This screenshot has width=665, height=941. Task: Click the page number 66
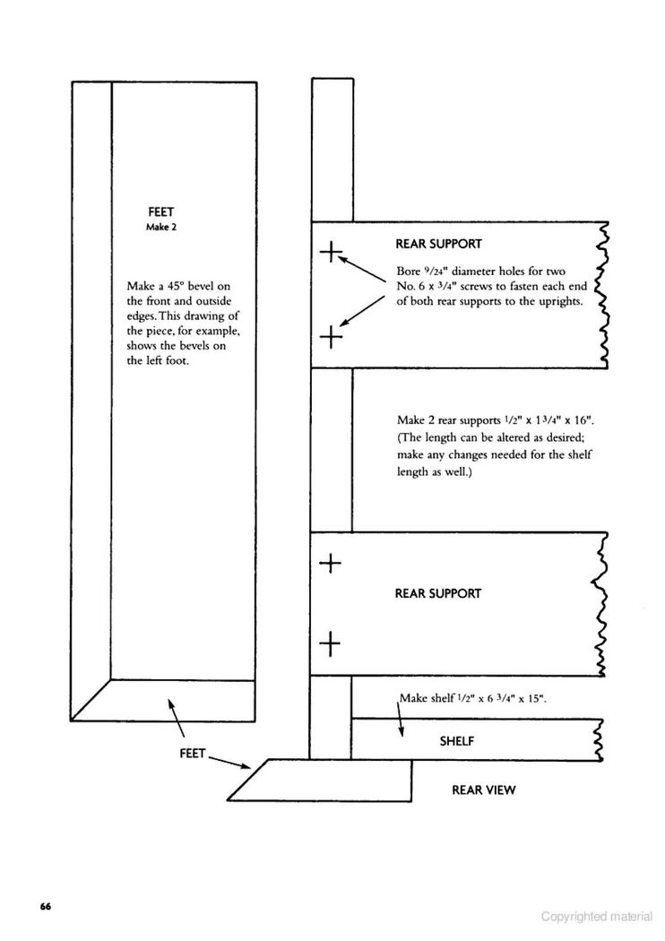tap(46, 906)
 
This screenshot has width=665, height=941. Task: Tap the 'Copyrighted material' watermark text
tap(597, 917)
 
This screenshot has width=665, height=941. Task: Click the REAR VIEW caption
tap(484, 790)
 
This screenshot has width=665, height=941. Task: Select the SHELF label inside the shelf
tap(457, 741)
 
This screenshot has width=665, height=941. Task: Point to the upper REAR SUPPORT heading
tap(439, 244)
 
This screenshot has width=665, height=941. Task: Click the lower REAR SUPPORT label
tap(438, 593)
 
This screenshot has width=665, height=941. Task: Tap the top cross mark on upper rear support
tap(331, 252)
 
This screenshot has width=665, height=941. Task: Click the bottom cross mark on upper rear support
tap(331, 337)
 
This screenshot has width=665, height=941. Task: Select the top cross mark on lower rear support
tap(330, 563)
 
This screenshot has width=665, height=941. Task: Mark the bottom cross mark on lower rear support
tap(330, 644)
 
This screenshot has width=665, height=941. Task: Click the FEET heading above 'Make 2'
tap(160, 212)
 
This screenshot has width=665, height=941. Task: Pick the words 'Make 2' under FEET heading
tap(161, 227)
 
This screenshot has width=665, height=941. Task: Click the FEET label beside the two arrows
tap(193, 753)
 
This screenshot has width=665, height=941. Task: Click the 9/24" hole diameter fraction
tap(430, 272)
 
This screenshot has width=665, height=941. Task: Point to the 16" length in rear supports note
tap(583, 420)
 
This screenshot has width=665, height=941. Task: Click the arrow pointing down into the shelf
tap(401, 718)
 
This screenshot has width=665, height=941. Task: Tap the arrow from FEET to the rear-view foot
tap(229, 761)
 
